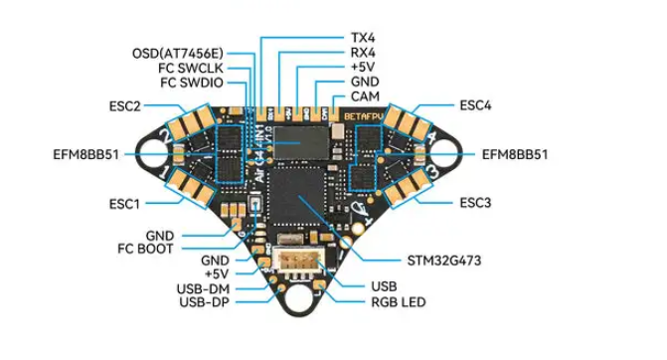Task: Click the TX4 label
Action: [x=363, y=38]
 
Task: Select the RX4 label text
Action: [x=363, y=53]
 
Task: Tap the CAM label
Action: [x=365, y=96]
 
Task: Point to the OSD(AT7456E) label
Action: [x=178, y=54]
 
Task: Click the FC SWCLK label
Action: [x=191, y=68]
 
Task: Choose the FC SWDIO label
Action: [x=192, y=83]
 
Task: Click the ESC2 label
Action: [x=124, y=106]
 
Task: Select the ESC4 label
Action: [x=475, y=105]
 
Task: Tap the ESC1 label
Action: [x=124, y=204]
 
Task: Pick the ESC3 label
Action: [x=475, y=203]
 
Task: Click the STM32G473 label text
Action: [x=444, y=261]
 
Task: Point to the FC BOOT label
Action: [x=145, y=249]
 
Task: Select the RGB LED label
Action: [x=399, y=302]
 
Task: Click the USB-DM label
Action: [x=203, y=289]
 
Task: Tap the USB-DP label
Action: [x=204, y=302]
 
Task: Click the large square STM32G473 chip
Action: [x=296, y=196]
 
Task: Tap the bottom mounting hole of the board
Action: [x=299, y=298]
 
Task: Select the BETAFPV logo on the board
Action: [x=364, y=116]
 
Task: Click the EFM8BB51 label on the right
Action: [x=515, y=154]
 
